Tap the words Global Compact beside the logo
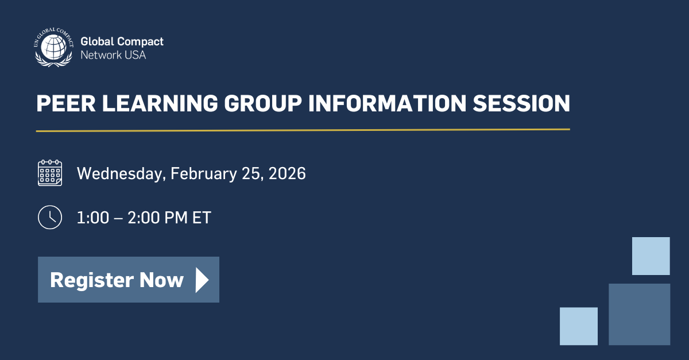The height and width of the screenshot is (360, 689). pyautogui.click(x=122, y=41)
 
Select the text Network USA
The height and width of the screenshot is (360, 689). pyautogui.click(x=113, y=55)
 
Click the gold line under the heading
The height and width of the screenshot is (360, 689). pyautogui.click(x=303, y=130)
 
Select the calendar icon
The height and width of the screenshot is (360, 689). pyautogui.click(x=50, y=173)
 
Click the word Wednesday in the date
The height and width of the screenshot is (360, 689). pyautogui.click(x=120, y=173)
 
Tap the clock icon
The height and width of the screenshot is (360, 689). pyautogui.click(x=50, y=217)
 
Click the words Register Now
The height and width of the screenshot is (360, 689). pyautogui.click(x=117, y=280)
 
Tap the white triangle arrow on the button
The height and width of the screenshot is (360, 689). pyautogui.click(x=202, y=280)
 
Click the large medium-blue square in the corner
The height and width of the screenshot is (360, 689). pyautogui.click(x=639, y=314)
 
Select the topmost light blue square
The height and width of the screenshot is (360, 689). pyautogui.click(x=651, y=256)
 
